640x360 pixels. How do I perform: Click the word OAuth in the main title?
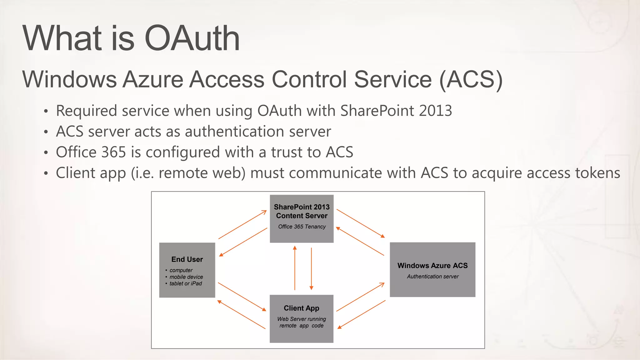[x=192, y=38]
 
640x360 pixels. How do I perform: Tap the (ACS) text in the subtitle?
[x=471, y=79]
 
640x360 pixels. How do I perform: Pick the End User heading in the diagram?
[x=187, y=259]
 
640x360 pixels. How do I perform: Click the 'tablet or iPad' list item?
[x=186, y=283]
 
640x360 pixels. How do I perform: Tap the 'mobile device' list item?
[x=186, y=277]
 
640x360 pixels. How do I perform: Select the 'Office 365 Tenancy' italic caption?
[x=302, y=227]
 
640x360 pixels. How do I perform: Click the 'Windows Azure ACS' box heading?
[x=432, y=266]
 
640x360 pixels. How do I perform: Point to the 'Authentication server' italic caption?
[x=433, y=277]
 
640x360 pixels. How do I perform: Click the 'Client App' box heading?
[x=302, y=308]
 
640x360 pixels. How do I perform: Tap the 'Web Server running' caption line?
[x=302, y=319]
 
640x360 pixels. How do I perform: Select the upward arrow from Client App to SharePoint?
[x=295, y=268]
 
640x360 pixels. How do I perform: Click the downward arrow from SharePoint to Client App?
[x=311, y=269]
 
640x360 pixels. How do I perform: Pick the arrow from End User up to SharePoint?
[x=242, y=225]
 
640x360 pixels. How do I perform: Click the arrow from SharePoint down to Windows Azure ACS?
[x=361, y=223]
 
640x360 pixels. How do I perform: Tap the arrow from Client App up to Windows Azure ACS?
[x=361, y=297]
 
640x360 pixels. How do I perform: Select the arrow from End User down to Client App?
[x=242, y=297]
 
